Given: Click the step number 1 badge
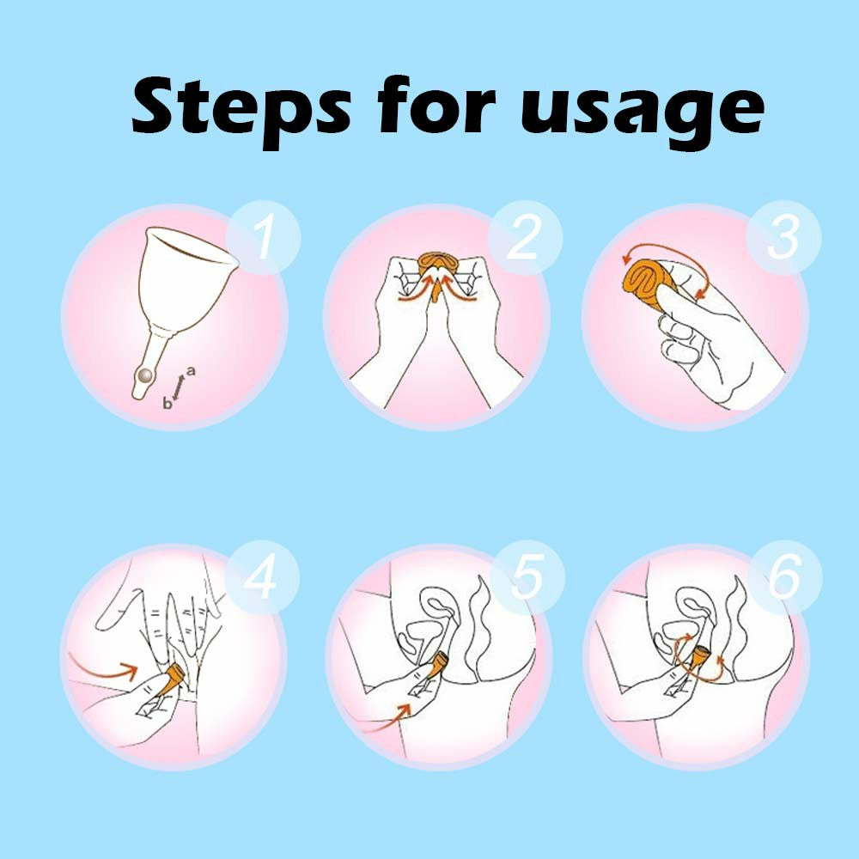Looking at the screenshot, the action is [x=264, y=237].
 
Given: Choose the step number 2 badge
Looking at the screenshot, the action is [x=525, y=237].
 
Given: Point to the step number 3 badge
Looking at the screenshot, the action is [x=783, y=237].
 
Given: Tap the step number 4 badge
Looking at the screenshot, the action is [x=262, y=577].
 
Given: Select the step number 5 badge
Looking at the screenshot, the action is [x=527, y=577].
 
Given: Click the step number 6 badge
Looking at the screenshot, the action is [x=784, y=577].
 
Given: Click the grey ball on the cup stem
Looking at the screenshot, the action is [x=145, y=375].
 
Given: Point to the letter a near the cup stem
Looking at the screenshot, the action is [x=191, y=371].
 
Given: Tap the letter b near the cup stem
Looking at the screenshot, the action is [x=167, y=404].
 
